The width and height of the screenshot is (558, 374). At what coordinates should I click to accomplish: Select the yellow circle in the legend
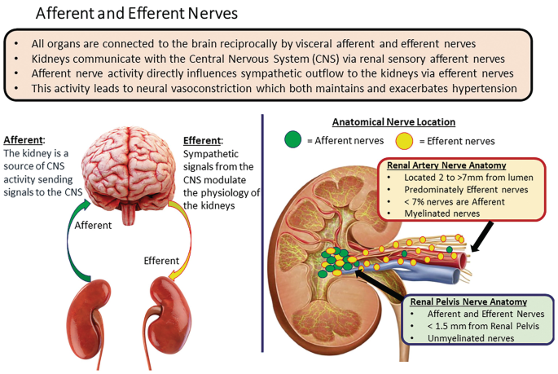point(404,141)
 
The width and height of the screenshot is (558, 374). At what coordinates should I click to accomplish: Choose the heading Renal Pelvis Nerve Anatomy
point(468,301)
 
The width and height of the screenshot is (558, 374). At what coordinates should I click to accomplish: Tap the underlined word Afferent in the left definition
point(22,139)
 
